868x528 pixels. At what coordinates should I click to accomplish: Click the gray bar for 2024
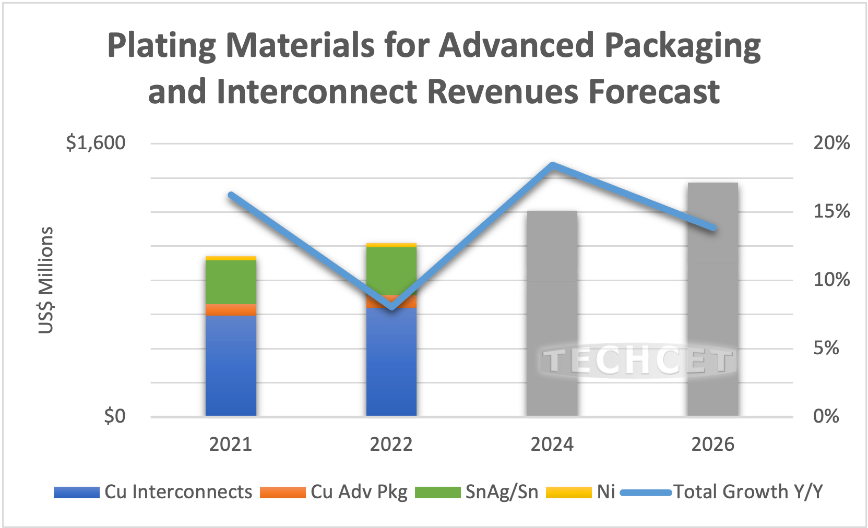coord(552,292)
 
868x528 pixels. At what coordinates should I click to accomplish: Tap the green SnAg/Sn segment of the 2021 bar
coord(231,282)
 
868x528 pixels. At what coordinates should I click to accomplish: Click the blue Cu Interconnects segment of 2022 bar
coord(391,365)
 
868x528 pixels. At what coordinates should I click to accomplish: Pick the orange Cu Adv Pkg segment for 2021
coord(231,310)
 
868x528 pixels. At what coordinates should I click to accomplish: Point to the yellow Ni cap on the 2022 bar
coord(391,245)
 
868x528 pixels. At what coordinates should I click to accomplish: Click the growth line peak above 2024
coord(553,166)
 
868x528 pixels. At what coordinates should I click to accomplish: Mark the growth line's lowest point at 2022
coord(392,307)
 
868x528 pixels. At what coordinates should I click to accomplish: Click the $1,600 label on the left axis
coord(96,142)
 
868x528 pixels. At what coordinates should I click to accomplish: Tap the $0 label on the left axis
coord(115,416)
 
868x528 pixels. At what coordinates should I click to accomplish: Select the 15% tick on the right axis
coord(831,211)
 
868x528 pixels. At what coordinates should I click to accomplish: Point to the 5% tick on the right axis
coord(826,348)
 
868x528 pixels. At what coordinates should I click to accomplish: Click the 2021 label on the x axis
coord(231,444)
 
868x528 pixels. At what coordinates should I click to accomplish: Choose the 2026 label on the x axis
coord(712,444)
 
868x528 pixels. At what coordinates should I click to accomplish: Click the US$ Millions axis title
coord(46,280)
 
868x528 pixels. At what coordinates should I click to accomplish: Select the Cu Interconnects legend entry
coord(153,492)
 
